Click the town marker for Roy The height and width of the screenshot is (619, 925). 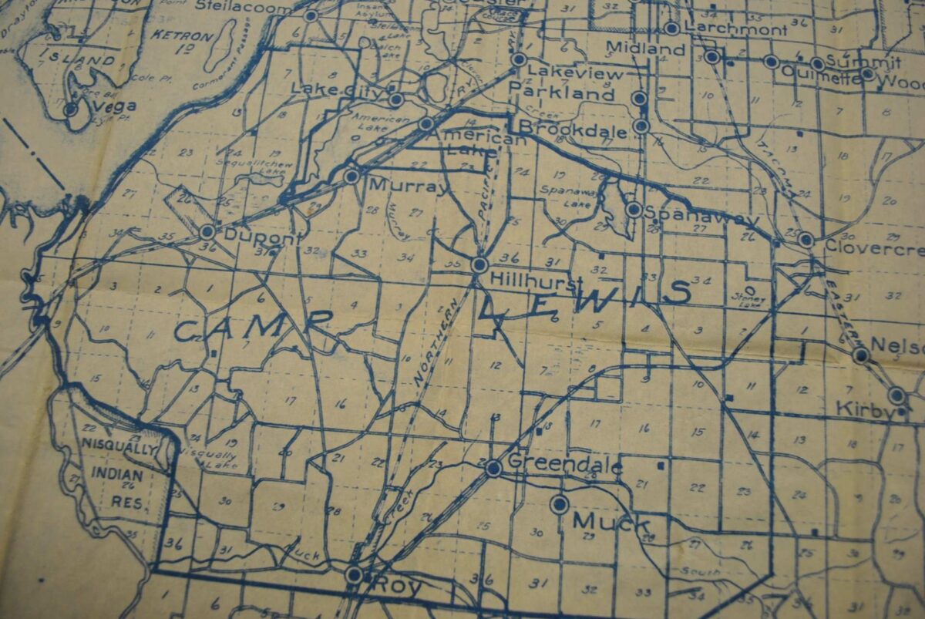tap(354, 574)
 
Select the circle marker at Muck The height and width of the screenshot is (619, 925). tap(559, 504)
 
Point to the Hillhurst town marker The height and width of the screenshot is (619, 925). tap(479, 265)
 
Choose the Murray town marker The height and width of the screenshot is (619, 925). tap(351, 176)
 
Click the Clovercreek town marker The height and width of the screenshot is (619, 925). tap(806, 239)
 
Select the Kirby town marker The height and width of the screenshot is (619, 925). tap(896, 395)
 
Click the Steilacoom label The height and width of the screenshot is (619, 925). tap(244, 8)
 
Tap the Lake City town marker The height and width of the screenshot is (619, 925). tap(395, 99)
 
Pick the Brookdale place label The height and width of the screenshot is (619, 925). tap(573, 129)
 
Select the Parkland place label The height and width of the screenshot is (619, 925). tap(562, 94)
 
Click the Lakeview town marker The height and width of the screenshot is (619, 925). tap(519, 59)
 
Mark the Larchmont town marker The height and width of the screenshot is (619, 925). tap(671, 29)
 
